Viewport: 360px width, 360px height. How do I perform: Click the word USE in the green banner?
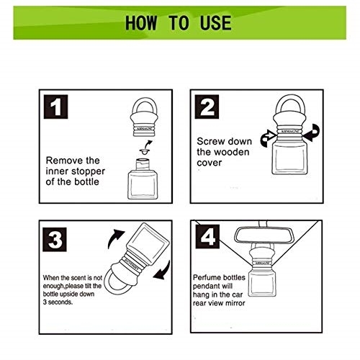pos(215,23)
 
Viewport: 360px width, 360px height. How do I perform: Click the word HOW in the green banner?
pos(141,23)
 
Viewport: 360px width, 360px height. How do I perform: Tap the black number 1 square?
pos(55,107)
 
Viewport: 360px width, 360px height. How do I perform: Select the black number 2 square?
pos(207,107)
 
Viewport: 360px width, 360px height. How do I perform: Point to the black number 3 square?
pos(55,240)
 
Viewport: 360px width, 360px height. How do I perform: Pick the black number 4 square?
pos(207,237)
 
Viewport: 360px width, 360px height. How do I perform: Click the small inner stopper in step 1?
pos(145,152)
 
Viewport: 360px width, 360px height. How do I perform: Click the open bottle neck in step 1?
pos(143,163)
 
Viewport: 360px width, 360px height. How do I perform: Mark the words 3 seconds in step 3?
pos(58,302)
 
